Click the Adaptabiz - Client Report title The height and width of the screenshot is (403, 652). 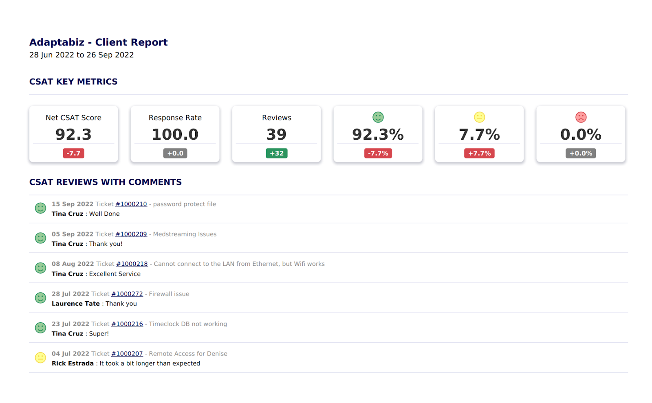tap(98, 42)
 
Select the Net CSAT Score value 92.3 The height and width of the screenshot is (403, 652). tap(73, 134)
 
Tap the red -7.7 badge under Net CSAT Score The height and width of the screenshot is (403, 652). tap(73, 153)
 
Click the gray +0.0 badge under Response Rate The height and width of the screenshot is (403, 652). tap(175, 153)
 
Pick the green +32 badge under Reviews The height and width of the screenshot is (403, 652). tap(277, 153)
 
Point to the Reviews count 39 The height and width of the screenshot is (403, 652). tap(277, 134)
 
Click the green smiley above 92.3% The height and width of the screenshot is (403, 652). tap(378, 117)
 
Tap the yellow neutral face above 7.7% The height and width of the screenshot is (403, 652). tap(480, 117)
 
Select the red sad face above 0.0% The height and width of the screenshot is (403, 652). tap(581, 117)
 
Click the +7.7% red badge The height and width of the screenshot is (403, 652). tap(479, 153)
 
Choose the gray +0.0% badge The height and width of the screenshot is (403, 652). tap(581, 153)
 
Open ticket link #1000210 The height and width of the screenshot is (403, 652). tap(131, 204)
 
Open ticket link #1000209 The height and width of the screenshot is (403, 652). tap(131, 234)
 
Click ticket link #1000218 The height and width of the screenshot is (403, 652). tap(132, 264)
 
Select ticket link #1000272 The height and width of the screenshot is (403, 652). tap(127, 294)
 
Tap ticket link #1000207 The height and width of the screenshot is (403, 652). tap(127, 354)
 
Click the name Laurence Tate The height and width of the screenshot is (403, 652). tap(76, 304)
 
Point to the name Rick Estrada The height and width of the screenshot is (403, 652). tap(73, 364)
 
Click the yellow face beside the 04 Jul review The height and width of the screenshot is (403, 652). tap(40, 358)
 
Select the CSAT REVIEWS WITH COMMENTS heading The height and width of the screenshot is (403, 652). tap(106, 182)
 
